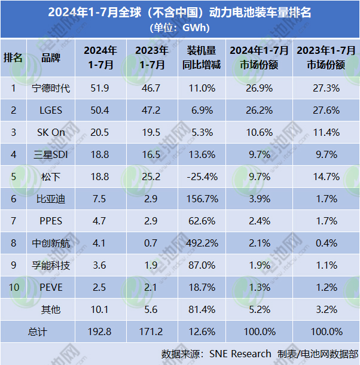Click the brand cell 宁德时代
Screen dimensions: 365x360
(50, 89)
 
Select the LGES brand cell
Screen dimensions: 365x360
(50, 111)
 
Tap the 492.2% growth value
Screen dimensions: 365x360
(201, 244)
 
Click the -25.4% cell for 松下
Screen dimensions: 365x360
(201, 177)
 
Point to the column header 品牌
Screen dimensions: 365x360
(50, 58)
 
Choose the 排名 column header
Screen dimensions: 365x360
(13, 58)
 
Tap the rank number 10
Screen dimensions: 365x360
(13, 287)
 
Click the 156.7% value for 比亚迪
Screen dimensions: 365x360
(201, 199)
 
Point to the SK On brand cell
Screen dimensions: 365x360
(50, 133)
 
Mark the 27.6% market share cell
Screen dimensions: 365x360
(327, 111)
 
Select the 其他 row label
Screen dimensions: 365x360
(50, 309)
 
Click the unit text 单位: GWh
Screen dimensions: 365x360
(180, 27)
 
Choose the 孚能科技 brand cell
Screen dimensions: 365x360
(50, 266)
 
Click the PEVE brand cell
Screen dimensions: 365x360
(50, 287)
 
